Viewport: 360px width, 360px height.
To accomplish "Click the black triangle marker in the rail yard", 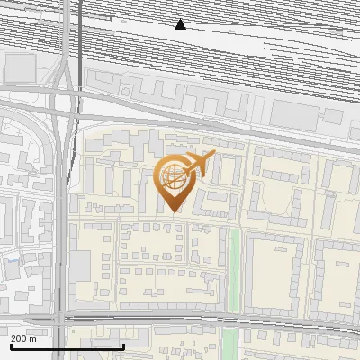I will (181, 24).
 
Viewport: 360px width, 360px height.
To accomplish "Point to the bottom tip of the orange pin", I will (173, 212).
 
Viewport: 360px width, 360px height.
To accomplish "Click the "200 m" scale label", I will (24, 338).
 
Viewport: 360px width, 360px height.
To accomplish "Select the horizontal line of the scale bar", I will (67, 346).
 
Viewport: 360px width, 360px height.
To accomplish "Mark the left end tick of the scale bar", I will (11, 345).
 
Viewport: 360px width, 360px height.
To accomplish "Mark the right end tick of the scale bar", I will (123, 345).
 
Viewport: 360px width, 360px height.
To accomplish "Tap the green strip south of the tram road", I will (229, 340).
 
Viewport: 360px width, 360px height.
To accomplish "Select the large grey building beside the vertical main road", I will (80, 265).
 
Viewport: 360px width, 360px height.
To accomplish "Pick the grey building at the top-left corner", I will (19, 67).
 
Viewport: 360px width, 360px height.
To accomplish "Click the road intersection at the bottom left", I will (60, 319).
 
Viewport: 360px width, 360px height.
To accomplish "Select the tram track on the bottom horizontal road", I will (180, 318).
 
